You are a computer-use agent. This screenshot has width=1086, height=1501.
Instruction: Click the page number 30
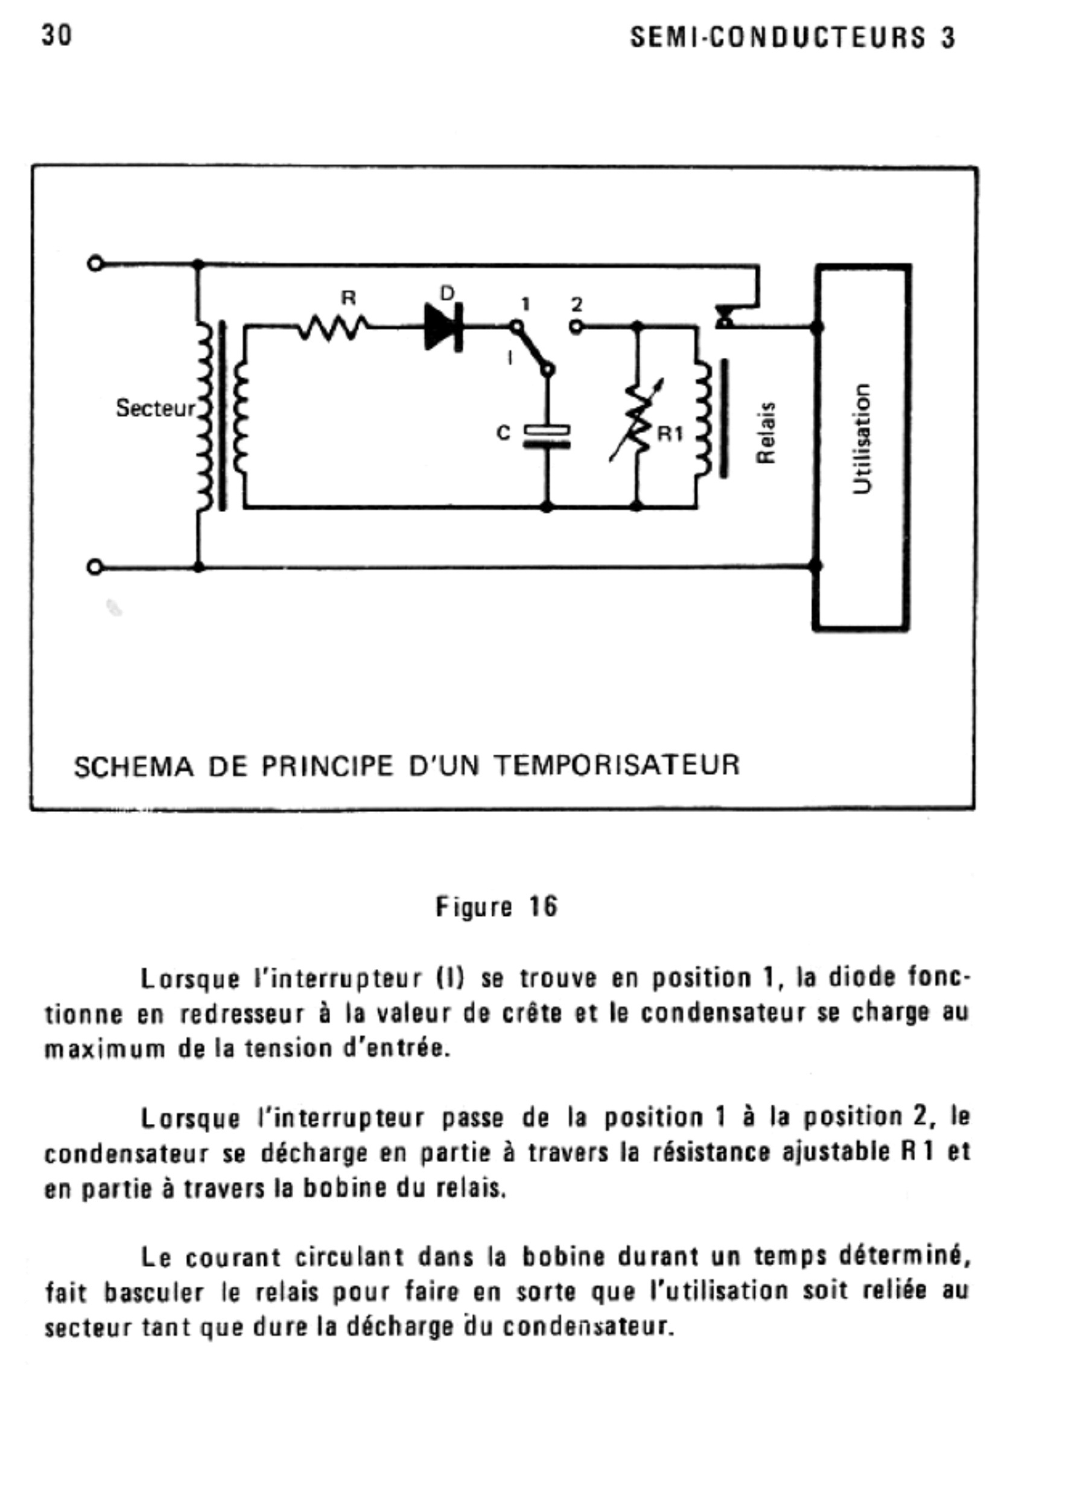57,34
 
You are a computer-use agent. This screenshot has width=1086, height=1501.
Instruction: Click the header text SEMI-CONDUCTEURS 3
792,38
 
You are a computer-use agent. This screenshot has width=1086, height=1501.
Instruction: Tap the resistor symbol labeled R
334,326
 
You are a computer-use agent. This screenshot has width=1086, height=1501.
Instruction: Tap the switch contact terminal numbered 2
576,326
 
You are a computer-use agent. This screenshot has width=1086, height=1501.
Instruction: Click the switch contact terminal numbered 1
516,326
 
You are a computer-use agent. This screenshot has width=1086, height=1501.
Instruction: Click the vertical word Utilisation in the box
862,439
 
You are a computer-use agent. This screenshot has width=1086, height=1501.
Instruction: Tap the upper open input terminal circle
95,264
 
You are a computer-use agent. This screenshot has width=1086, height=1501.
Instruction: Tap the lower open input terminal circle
95,567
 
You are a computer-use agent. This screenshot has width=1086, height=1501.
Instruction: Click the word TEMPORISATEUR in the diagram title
617,766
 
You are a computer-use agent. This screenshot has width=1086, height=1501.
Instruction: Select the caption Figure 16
497,907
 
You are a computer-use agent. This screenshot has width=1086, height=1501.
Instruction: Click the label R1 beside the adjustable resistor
670,434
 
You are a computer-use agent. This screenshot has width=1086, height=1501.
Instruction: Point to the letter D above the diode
447,293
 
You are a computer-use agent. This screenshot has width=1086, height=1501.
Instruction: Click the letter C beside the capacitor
503,433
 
